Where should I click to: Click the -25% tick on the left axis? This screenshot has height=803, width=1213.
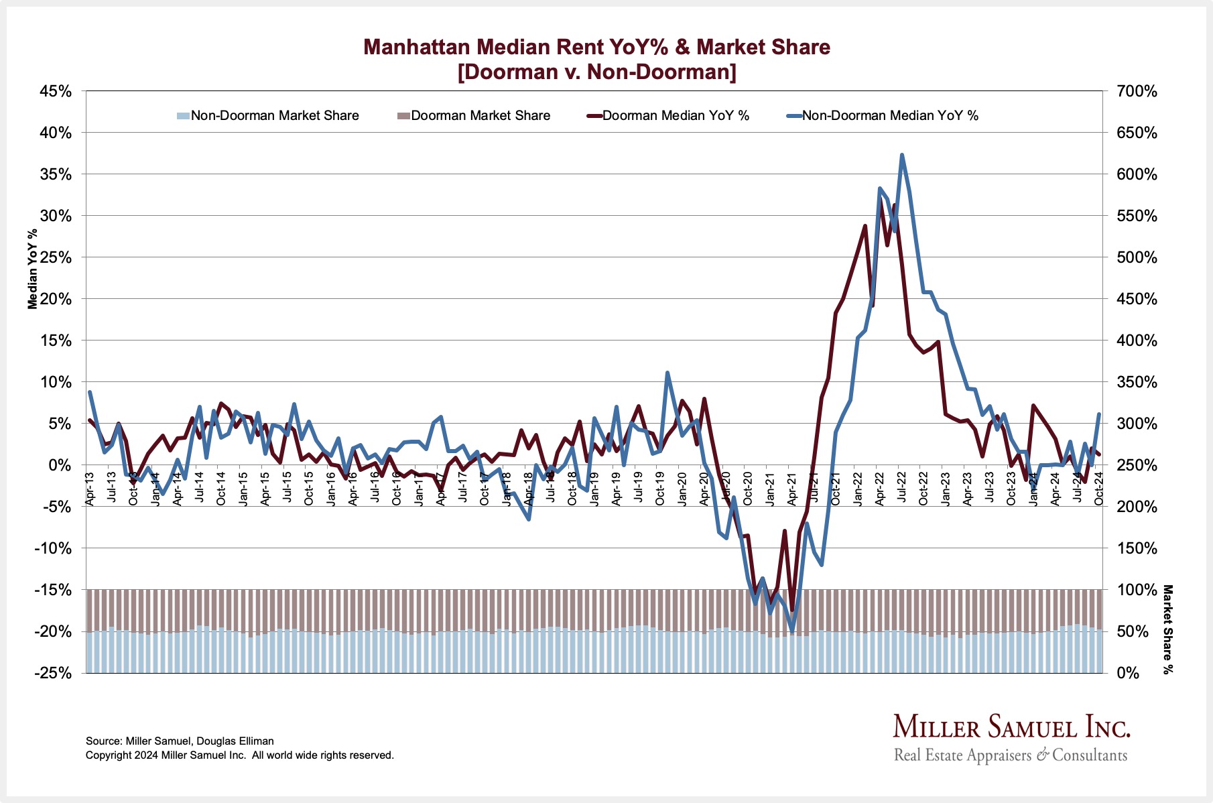54,673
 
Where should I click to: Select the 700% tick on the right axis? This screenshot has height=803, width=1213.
1137,91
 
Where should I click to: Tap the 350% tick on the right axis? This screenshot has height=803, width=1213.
1137,382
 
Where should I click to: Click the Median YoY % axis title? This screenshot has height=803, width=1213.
33,269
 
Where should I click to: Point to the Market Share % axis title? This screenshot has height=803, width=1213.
1168,629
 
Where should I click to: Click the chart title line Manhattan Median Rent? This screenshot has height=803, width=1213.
596,47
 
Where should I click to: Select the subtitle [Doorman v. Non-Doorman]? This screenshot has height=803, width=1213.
596,72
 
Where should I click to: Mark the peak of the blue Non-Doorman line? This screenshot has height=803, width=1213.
902,155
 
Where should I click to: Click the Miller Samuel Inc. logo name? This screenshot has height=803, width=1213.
1011,727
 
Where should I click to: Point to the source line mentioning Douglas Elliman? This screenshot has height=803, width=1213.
180,741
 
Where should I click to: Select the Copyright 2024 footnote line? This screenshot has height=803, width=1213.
239,755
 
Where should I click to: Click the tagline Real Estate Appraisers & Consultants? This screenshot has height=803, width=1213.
1011,755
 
